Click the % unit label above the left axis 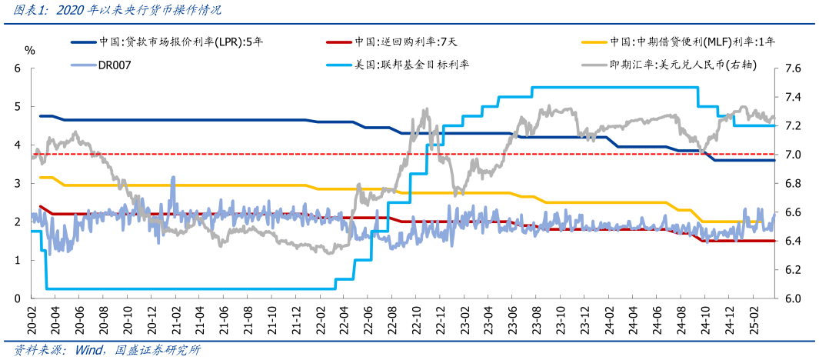[x=29, y=50]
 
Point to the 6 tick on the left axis [x=16, y=68]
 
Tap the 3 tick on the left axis [x=16, y=183]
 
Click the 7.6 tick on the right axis [x=791, y=68]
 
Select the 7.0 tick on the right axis [x=791, y=155]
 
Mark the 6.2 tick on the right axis [x=791, y=269]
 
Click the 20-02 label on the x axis [x=31, y=317]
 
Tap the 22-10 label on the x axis [x=417, y=317]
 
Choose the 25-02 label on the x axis [x=754, y=317]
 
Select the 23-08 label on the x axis [x=538, y=317]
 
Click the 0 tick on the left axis [x=16, y=298]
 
